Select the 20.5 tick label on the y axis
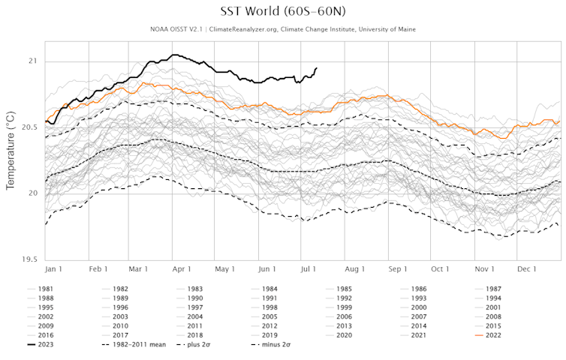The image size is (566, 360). click(29, 127)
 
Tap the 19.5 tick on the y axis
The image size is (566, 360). click(29, 259)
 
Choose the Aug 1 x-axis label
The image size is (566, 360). click(354, 268)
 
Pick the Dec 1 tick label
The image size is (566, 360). click(526, 268)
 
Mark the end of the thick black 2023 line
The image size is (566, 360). click(316, 68)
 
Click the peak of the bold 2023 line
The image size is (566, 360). click(174, 55)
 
